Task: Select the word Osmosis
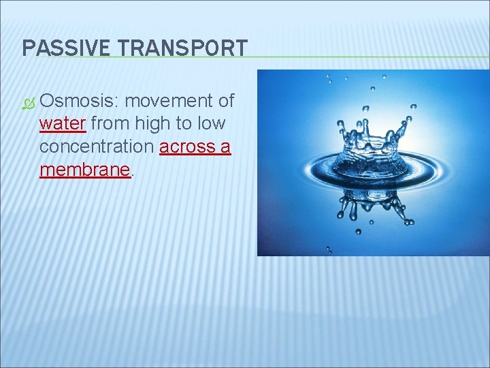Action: point(77,102)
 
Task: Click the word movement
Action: point(169,102)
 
